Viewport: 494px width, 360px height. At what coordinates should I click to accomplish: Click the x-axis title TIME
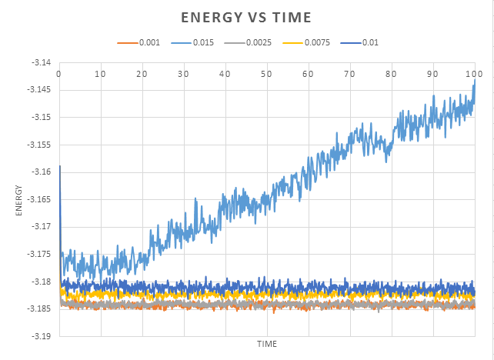tap(267, 343)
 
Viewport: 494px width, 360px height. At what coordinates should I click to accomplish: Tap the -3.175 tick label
tap(42, 254)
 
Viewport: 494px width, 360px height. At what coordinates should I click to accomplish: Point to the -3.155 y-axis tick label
tap(42, 145)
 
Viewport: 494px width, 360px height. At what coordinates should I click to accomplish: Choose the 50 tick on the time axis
tap(267, 74)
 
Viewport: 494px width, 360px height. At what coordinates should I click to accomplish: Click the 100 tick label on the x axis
tap(475, 74)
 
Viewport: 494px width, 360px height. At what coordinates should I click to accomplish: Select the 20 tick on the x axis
tap(142, 74)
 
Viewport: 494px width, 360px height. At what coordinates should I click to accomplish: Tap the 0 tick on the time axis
tap(59, 74)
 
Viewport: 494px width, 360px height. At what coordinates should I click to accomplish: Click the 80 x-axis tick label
tap(392, 74)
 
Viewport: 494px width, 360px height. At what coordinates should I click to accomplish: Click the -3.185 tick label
tap(42, 309)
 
